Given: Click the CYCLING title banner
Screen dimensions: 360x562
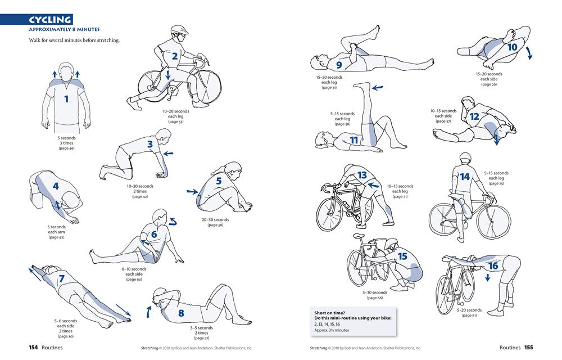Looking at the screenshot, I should [51, 20].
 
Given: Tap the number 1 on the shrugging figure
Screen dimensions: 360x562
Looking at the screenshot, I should [66, 100].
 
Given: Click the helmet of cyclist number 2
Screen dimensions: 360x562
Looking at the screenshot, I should [179, 30].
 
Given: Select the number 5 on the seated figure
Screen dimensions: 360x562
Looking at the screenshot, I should [219, 181].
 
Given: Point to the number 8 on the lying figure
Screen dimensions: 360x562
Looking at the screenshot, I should [181, 313].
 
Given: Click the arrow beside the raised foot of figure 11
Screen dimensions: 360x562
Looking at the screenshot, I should [378, 87].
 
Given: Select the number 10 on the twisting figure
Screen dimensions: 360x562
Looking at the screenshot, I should [512, 48].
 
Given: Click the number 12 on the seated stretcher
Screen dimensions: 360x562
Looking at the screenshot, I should [474, 117].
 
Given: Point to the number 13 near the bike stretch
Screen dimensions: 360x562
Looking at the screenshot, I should [362, 175].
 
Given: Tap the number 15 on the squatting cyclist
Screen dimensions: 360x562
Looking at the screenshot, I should [402, 256].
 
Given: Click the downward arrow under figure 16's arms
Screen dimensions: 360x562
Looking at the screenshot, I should [487, 277].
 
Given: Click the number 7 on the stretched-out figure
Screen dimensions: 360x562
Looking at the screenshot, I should [61, 278].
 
